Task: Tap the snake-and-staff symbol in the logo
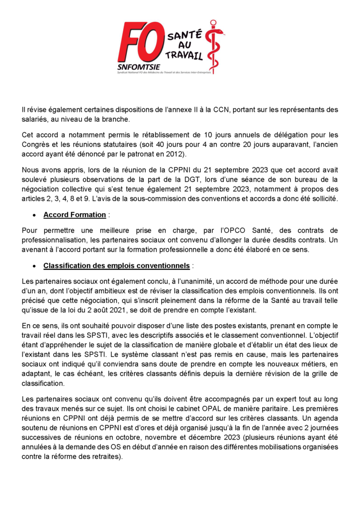pyautogui.click(x=214, y=47)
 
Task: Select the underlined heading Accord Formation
pyautogui.click(x=75, y=215)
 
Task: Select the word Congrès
pyautogui.click(x=36, y=144)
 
